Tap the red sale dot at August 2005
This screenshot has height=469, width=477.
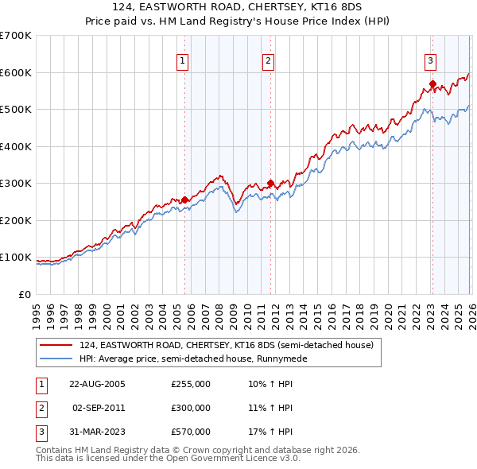(x=185, y=200)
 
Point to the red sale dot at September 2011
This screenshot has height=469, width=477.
(x=270, y=183)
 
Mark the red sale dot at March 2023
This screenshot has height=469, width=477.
(x=432, y=83)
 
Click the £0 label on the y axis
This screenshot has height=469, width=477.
(x=24, y=294)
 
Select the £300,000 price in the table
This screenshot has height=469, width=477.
(x=191, y=408)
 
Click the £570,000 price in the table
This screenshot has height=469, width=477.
(x=191, y=432)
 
